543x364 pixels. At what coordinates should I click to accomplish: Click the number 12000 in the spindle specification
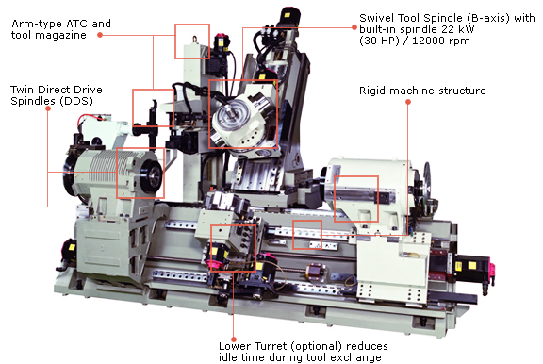tap(427, 41)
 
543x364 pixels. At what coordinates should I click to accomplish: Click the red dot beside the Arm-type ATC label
tap(100, 35)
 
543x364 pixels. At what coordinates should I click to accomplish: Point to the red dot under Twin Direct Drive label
tap(48, 108)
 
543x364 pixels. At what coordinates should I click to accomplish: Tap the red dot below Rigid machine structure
tap(408, 102)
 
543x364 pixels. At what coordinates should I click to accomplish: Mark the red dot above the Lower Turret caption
tap(234, 339)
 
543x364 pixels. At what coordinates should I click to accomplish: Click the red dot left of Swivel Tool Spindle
tap(354, 27)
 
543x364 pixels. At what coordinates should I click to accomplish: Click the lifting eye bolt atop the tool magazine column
tap(195, 39)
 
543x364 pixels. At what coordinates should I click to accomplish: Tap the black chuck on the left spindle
tap(153, 174)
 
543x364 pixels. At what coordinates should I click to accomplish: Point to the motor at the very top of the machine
tap(289, 17)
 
